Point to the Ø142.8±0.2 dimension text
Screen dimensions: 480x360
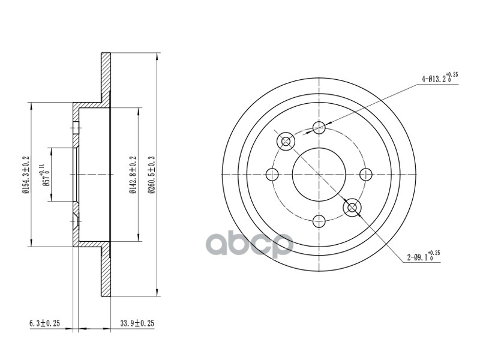(x=132, y=175)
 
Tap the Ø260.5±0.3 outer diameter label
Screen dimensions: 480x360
(x=151, y=175)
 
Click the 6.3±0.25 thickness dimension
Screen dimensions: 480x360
(x=44, y=323)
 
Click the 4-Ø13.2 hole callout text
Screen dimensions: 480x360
(x=440, y=78)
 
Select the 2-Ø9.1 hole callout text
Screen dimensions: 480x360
(x=424, y=257)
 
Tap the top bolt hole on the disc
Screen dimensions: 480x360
(x=319, y=127)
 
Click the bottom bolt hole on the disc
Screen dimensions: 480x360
(x=319, y=221)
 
